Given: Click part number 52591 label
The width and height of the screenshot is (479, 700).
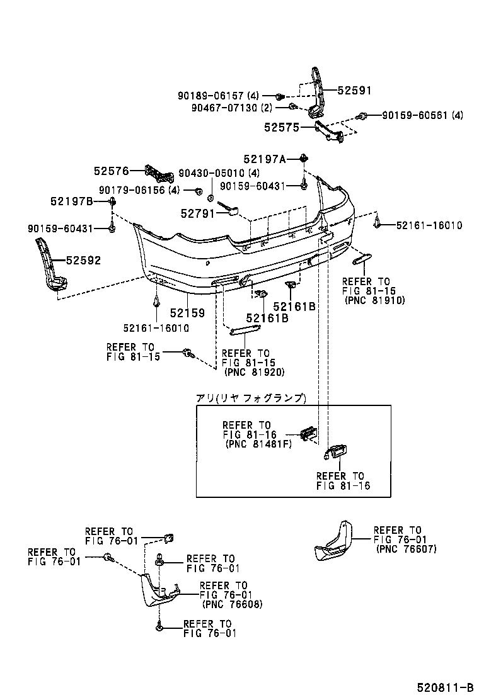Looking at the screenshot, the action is click(354, 91).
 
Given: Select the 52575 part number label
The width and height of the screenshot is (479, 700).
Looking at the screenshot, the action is click(282, 128).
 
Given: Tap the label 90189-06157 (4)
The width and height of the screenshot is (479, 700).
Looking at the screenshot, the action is click(219, 96).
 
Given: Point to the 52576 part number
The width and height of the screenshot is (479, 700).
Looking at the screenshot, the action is click(112, 171).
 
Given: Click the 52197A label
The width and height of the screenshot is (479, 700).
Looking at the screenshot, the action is click(265, 159).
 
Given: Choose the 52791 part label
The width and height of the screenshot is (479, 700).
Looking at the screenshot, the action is click(198, 214).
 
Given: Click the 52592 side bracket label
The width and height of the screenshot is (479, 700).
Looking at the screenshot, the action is click(84, 260).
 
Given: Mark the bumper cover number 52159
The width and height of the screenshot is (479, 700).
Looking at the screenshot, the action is click(187, 313).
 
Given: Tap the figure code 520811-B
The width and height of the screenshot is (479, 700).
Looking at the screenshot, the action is click(445, 687).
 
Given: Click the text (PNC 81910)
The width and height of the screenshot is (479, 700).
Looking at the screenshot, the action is click(375, 300).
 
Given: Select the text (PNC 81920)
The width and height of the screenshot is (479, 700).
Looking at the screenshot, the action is click(254, 372).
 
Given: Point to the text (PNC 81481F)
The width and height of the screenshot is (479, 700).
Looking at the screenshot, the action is click(258, 444).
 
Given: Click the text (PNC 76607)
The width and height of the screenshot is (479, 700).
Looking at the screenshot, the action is click(406, 549).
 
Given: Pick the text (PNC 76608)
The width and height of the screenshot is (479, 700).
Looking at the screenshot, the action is click(233, 604).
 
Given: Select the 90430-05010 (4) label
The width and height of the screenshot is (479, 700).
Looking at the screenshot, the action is click(219, 173).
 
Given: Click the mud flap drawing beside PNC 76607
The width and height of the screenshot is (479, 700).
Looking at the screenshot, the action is click(333, 541).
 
